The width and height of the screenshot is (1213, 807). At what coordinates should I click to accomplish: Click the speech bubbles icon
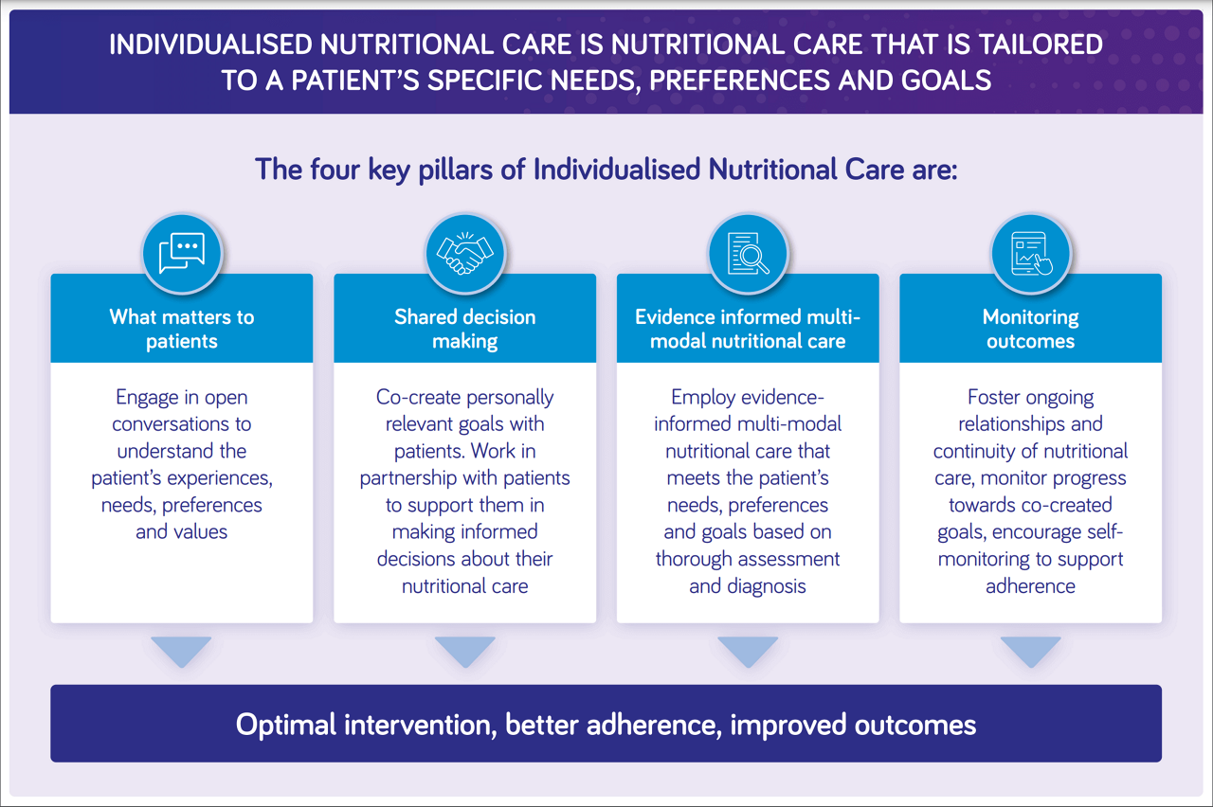pyautogui.click(x=182, y=253)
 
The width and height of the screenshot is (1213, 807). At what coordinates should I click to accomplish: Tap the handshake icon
pyautogui.click(x=465, y=253)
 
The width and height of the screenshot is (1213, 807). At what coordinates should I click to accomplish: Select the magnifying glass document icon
pyautogui.click(x=748, y=253)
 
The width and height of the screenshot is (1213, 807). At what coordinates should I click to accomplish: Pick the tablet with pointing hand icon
pyautogui.click(x=1031, y=253)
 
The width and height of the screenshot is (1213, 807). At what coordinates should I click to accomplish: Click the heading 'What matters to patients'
pyautogui.click(x=182, y=329)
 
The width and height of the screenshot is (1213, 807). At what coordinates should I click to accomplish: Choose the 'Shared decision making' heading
pyautogui.click(x=465, y=329)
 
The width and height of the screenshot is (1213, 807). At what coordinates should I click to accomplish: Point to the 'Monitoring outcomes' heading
pyautogui.click(x=1030, y=329)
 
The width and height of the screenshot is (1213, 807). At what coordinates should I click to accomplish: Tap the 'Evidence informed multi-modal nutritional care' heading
pyautogui.click(x=748, y=329)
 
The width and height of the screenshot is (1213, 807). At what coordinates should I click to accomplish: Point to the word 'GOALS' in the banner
pyautogui.click(x=946, y=81)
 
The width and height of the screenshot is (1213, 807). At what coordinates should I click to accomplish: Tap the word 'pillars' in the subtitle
pyautogui.click(x=455, y=170)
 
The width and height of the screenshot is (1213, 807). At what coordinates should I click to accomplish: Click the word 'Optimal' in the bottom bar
pyautogui.click(x=286, y=725)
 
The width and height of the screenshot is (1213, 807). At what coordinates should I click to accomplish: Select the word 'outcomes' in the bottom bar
pyautogui.click(x=915, y=725)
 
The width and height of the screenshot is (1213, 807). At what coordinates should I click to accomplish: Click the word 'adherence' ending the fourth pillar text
pyautogui.click(x=1030, y=585)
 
